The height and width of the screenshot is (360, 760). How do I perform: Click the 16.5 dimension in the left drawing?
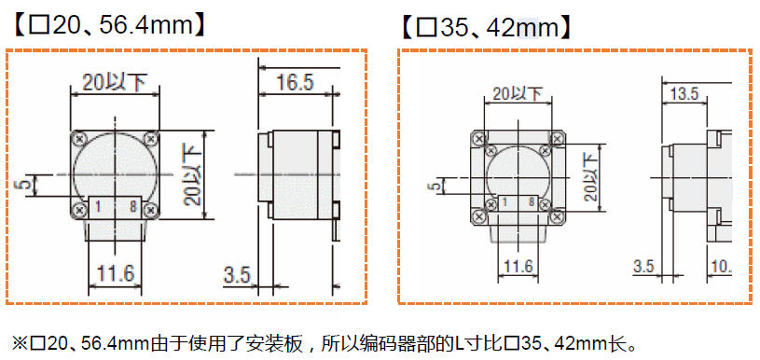pyautogui.click(x=296, y=82)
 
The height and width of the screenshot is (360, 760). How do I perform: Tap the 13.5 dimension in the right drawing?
pyautogui.click(x=684, y=93)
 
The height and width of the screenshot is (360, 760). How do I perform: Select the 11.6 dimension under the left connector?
pyautogui.click(x=116, y=273)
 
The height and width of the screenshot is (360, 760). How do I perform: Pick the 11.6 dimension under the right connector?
pyautogui.click(x=518, y=266)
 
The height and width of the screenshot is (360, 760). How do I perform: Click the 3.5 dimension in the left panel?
pyautogui.click(x=237, y=275)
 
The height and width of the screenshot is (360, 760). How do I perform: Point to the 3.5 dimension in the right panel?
pyautogui.click(x=644, y=266)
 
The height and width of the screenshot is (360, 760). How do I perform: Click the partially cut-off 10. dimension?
pyautogui.click(x=721, y=266)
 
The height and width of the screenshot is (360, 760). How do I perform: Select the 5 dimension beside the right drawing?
pyautogui.click(x=436, y=185)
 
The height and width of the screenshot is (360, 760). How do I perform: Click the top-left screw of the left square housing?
pyautogui.click(x=78, y=139)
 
